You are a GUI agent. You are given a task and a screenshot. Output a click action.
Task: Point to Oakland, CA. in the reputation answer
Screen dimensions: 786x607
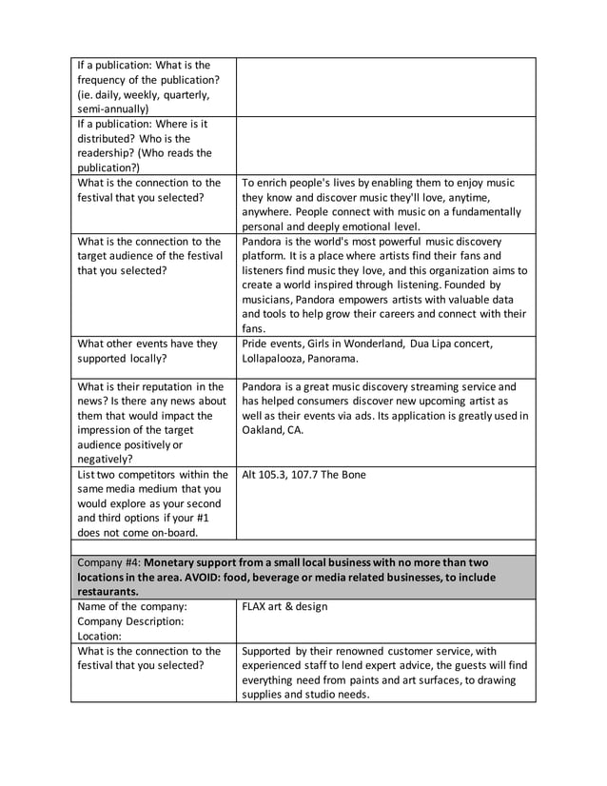pyautogui.click(x=274, y=430)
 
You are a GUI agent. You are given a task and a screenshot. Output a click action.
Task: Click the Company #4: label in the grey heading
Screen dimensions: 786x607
pyautogui.click(x=108, y=561)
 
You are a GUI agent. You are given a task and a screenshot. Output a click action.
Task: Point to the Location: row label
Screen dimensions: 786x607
pyautogui.click(x=100, y=635)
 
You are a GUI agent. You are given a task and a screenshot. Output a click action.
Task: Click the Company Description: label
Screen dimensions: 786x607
pyautogui.click(x=128, y=620)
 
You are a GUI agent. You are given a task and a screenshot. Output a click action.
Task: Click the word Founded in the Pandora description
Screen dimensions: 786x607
pyautogui.click(x=448, y=284)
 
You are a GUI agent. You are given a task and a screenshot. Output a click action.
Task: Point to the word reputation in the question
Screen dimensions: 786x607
pyautogui.click(x=167, y=386)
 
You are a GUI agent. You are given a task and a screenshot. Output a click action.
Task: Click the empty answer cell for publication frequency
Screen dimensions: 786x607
pyautogui.click(x=386, y=87)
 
